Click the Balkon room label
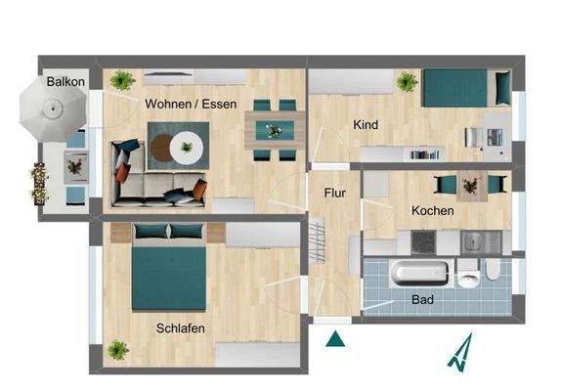click(x=65, y=82)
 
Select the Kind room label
click(x=367, y=125)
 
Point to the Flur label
click(x=334, y=193)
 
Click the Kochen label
click(x=432, y=210)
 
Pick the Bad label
click(x=422, y=299)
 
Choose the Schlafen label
click(x=181, y=328)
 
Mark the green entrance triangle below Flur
click(x=335, y=339)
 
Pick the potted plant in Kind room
click(x=405, y=81)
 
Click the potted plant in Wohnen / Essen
click(x=122, y=79)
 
